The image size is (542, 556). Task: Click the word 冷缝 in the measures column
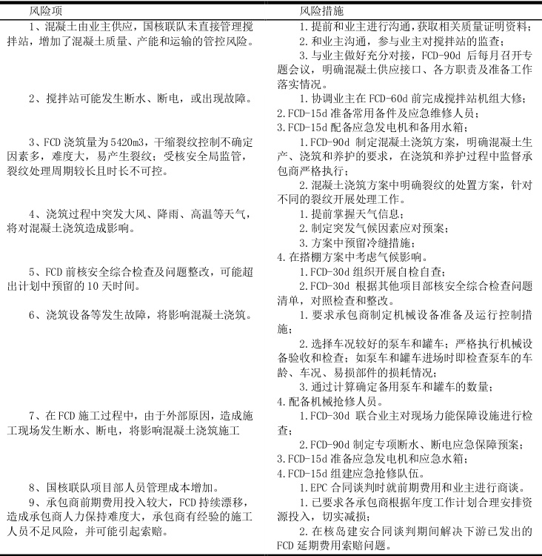pos(383,242)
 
